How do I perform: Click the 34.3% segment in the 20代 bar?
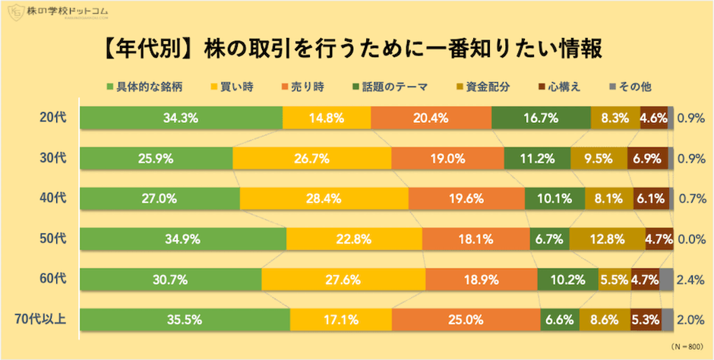[181, 118]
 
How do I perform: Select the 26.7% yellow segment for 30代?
[311, 159]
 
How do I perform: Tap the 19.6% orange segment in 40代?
[466, 199]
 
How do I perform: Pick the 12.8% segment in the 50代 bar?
[607, 239]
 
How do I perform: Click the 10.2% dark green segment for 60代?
[567, 279]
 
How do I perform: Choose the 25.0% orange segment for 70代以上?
[466, 320]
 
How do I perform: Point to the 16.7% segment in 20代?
[541, 118]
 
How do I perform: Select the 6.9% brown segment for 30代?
[647, 159]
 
